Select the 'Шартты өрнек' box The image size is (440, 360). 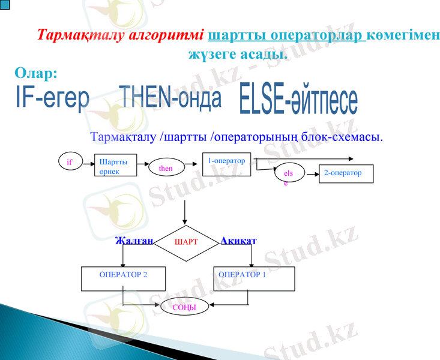tap(116, 166)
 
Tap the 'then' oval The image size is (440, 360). tap(166, 169)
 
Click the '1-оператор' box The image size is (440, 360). tap(226, 164)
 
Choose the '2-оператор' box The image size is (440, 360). tap(346, 173)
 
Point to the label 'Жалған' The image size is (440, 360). tap(134, 241)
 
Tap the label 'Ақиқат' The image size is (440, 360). tap(238, 241)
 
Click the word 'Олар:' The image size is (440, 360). tap(36, 73)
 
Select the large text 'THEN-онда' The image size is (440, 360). tap(170, 98)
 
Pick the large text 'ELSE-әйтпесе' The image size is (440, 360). tap(298, 100)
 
